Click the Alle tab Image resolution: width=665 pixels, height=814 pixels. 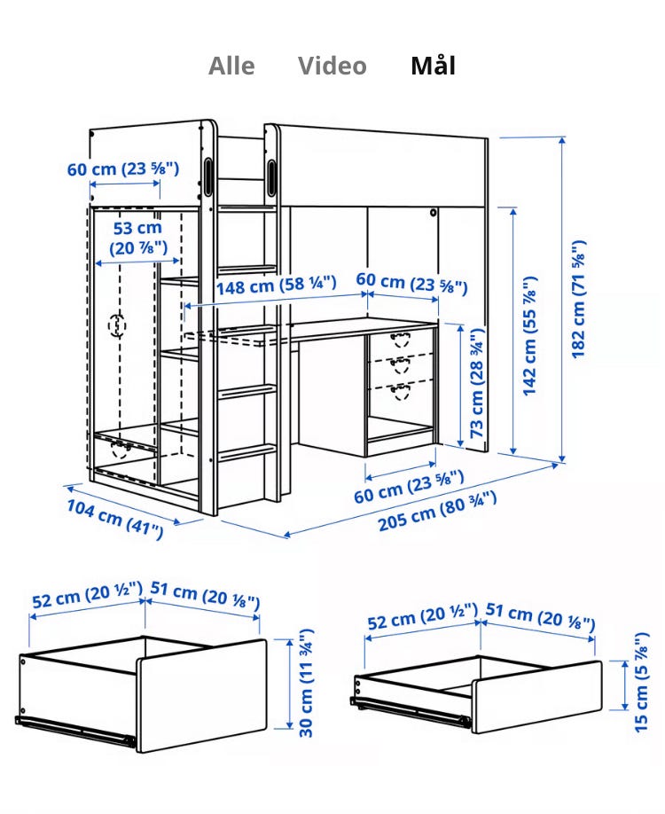pos(231,66)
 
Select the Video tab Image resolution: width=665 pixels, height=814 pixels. pos(332,66)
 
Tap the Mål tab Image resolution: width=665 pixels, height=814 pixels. pos(434,66)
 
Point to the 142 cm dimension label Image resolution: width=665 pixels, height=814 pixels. pos(529,336)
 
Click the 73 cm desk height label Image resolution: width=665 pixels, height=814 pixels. pos(477,382)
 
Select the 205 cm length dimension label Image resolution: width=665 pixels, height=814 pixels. pos(437,511)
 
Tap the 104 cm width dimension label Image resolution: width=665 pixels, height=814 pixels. pos(115,519)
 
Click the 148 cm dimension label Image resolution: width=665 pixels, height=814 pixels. pos(276,285)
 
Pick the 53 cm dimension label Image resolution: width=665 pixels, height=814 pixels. pos(138,238)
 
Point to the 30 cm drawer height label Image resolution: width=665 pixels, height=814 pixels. pos(306,683)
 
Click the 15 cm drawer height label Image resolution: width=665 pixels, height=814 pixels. pos(642,682)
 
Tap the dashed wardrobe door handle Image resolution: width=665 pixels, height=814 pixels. pos(117,325)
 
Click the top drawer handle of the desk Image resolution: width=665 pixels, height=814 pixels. pos(400,340)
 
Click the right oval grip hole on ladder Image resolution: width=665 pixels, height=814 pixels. pos(272,177)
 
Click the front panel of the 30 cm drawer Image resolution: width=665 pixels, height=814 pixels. pos(202,696)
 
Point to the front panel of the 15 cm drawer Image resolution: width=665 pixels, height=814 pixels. pos(537,697)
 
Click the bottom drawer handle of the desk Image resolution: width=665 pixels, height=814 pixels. pos(400,391)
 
